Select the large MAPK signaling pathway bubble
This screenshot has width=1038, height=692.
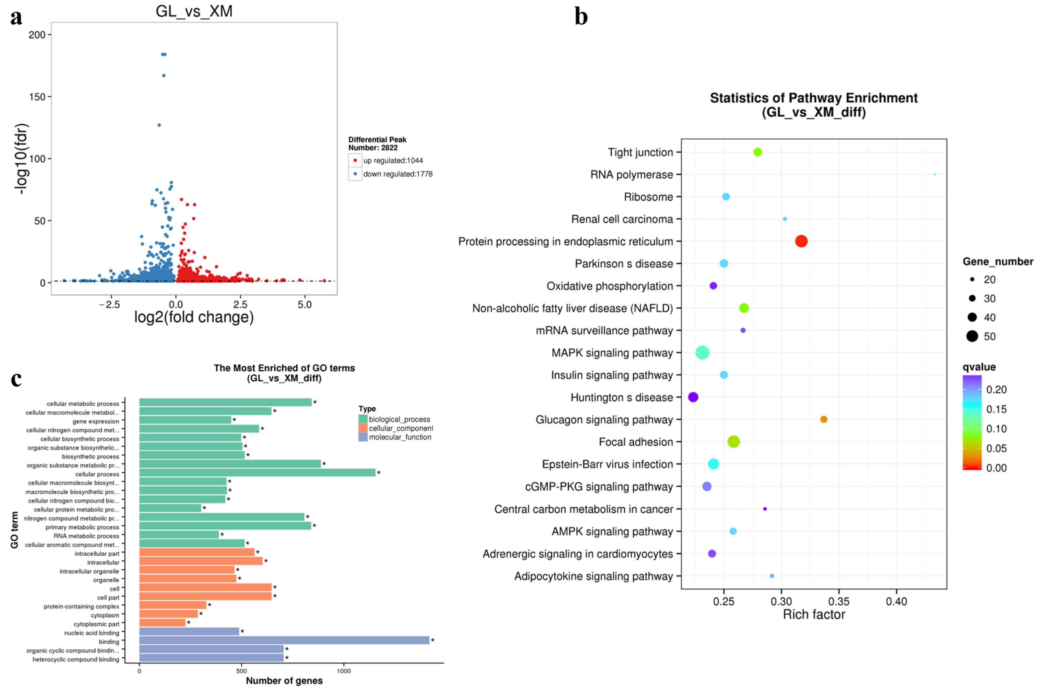(x=702, y=353)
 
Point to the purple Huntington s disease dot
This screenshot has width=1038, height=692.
(x=693, y=397)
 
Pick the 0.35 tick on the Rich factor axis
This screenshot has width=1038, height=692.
(x=839, y=601)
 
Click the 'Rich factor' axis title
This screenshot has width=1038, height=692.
(x=814, y=614)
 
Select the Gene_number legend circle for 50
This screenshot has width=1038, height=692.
(x=972, y=336)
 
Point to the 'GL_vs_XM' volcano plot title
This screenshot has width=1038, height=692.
(x=194, y=11)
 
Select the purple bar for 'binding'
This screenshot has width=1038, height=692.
(x=284, y=640)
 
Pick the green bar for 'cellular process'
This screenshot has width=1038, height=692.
(x=257, y=473)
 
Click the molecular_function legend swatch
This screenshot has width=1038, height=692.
(x=363, y=437)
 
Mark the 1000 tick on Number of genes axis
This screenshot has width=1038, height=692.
(x=344, y=671)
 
